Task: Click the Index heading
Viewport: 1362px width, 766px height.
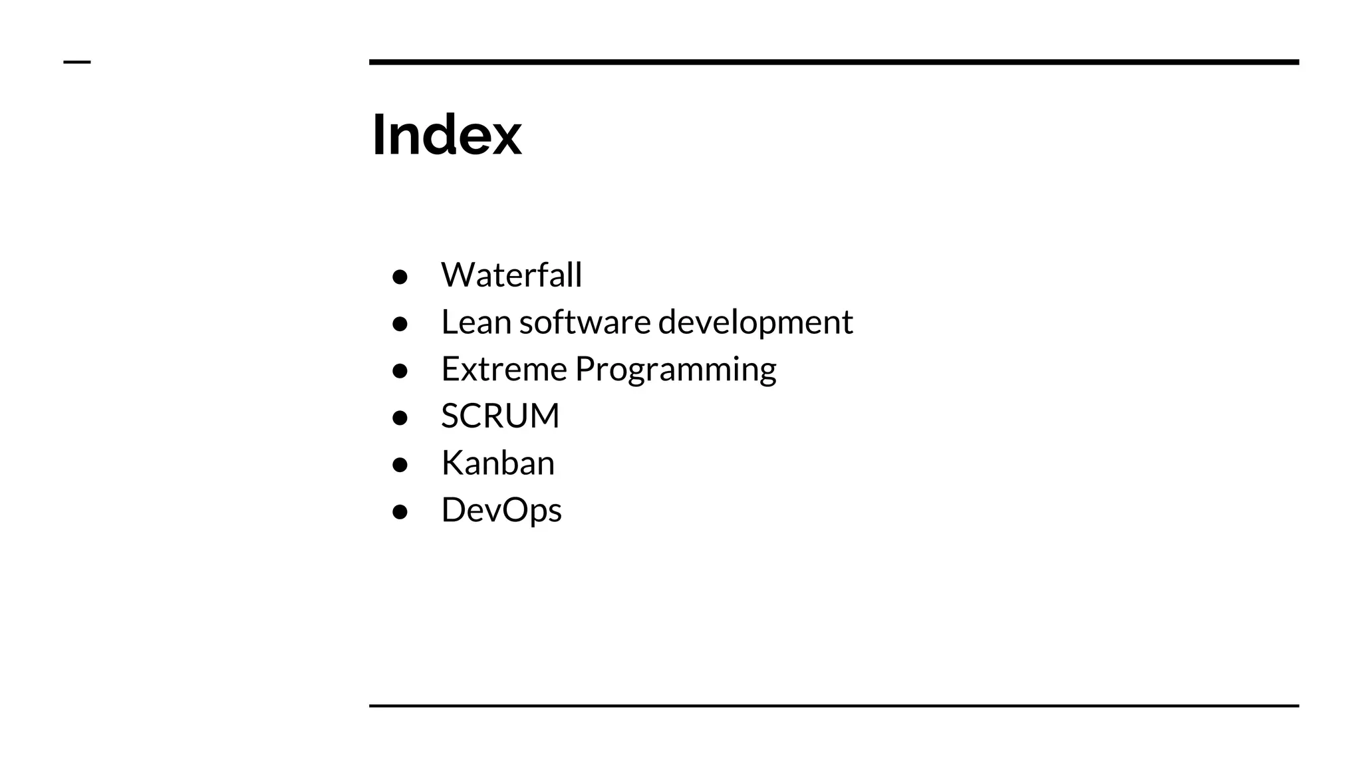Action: (446, 135)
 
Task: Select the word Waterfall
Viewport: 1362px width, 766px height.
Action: (511, 275)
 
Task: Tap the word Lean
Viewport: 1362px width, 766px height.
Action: (476, 322)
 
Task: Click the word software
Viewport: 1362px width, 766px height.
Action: (585, 322)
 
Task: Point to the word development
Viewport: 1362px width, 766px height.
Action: (755, 323)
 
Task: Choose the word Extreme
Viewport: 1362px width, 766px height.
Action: (503, 369)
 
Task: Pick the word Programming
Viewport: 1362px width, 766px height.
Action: (675, 370)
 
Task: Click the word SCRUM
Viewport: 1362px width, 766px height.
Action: (500, 416)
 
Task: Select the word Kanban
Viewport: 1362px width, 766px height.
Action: (497, 463)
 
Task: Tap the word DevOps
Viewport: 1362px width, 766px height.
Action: (501, 510)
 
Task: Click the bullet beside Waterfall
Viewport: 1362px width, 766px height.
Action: (400, 277)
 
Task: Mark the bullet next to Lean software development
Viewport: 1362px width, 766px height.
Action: (400, 324)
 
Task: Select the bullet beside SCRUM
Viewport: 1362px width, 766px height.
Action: (400, 418)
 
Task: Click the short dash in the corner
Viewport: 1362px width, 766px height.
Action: (76, 63)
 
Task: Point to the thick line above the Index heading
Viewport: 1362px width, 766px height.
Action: (834, 62)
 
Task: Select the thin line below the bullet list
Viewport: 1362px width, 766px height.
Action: (834, 705)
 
